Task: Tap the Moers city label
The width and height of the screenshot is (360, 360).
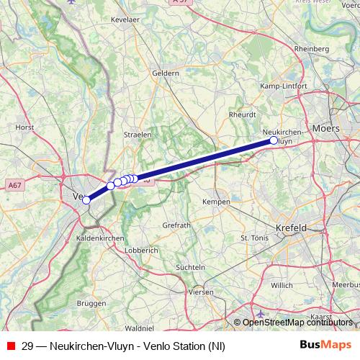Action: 326,128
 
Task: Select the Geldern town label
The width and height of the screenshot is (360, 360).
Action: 166,73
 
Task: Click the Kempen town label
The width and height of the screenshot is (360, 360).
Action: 217,202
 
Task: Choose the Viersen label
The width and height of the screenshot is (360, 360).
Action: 200,292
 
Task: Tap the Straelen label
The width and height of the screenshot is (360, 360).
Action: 138,134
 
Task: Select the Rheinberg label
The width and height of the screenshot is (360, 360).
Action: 311,48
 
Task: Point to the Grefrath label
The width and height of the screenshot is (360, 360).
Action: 176,225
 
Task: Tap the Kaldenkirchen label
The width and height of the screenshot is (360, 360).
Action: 100,238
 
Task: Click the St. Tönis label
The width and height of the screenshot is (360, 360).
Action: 253,237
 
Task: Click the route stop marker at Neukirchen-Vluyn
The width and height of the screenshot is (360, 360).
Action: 274,140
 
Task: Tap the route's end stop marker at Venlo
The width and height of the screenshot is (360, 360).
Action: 86,200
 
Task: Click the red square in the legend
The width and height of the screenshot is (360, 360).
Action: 10,346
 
